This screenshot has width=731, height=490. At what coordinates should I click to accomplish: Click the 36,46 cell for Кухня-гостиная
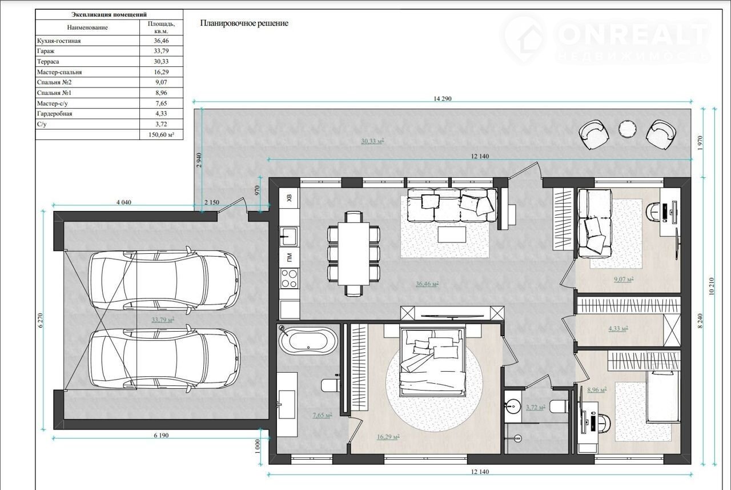(x=161, y=41)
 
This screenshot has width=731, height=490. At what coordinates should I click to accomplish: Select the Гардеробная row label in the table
(x=54, y=114)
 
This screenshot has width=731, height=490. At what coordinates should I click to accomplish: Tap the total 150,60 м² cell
(x=161, y=134)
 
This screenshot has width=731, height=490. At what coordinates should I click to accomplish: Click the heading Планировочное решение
(x=244, y=23)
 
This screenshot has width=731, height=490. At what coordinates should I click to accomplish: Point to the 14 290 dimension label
(x=443, y=99)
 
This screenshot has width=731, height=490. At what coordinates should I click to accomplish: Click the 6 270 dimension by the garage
(x=41, y=320)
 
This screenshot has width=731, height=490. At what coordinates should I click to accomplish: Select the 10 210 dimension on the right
(x=712, y=286)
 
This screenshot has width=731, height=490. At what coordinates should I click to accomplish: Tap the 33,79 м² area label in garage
(x=163, y=320)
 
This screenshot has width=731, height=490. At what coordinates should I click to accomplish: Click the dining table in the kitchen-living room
(x=354, y=254)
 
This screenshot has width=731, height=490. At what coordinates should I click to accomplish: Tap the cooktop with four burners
(x=289, y=278)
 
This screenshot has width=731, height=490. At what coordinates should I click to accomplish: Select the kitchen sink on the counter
(x=289, y=236)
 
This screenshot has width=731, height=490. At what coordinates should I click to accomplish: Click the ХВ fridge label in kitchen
(x=289, y=198)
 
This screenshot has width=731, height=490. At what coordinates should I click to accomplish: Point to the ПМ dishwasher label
(x=289, y=257)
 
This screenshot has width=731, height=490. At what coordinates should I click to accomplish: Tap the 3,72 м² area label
(x=536, y=407)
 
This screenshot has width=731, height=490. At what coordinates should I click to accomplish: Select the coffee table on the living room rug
(x=452, y=235)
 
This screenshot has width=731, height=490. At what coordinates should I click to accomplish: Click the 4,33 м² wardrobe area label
(x=618, y=328)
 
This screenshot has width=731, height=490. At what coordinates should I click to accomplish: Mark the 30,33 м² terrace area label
(x=372, y=141)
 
